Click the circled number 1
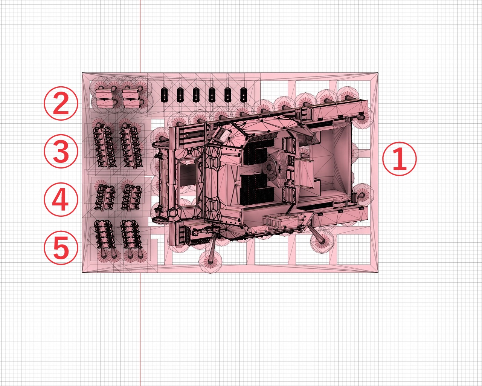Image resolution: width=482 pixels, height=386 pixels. point(400,159)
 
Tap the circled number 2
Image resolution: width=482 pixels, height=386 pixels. point(61,103)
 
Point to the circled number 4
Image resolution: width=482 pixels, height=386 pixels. point(61,199)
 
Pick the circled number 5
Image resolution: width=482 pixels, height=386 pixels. point(61,247)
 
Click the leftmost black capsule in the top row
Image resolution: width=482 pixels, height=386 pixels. point(164,95)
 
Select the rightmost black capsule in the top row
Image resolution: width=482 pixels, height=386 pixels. point(244,95)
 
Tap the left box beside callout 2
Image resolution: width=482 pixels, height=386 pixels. point(104,98)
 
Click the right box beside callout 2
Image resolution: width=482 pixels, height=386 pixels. point(131,98)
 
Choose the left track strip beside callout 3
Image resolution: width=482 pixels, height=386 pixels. point(104,146)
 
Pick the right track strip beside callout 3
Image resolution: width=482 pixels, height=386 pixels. point(130,146)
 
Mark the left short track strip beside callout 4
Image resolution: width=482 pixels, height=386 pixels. point(105,197)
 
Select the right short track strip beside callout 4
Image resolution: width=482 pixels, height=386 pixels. point(131,197)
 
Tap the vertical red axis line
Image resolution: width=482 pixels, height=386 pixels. point(140,320)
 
